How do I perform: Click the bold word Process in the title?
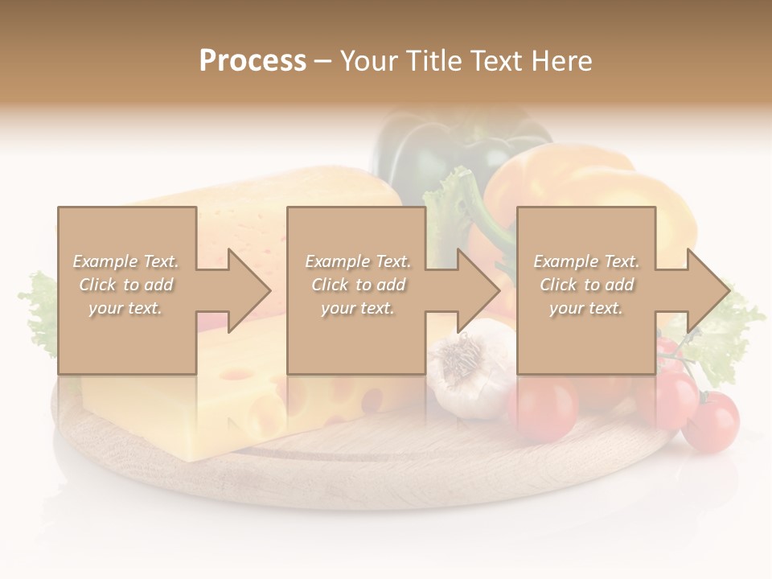click(253, 61)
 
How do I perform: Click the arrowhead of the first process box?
click(248, 290)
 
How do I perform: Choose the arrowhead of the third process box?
click(707, 290)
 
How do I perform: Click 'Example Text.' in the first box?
click(126, 261)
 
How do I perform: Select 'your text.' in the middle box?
click(358, 308)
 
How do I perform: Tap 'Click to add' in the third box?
click(586, 285)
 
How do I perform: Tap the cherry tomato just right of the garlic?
click(543, 406)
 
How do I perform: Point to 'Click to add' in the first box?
click(126, 285)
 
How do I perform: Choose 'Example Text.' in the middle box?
click(358, 261)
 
